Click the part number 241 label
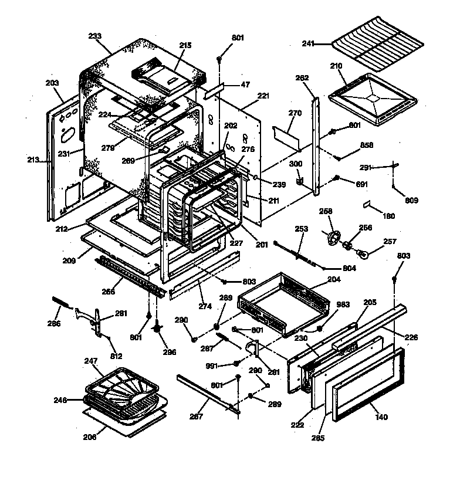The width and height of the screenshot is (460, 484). (x=309, y=43)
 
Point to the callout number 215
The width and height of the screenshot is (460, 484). (x=185, y=45)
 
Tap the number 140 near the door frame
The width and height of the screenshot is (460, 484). (x=381, y=417)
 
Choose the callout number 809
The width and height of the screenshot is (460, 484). (x=411, y=201)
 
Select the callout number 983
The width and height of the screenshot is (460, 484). (x=343, y=304)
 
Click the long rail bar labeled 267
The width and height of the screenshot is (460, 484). (x=208, y=395)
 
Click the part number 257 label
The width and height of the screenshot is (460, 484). (x=390, y=241)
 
